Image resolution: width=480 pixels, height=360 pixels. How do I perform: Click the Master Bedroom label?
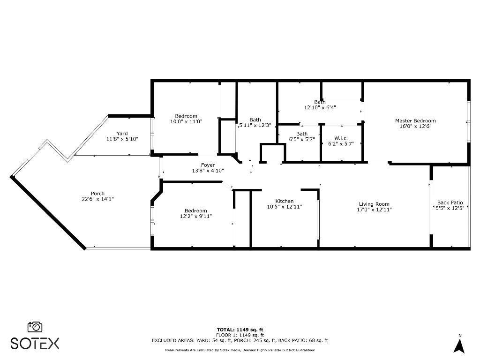415,120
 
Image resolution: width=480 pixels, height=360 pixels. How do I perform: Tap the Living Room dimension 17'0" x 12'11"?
374,210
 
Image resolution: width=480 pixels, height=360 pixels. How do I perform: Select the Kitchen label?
284,201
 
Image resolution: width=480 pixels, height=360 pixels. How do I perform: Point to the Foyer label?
208,165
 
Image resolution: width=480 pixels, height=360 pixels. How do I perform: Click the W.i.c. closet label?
340,138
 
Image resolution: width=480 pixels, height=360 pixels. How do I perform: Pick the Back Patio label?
450,202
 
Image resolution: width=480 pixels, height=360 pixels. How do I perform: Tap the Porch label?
97,194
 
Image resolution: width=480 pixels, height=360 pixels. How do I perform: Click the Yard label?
122,134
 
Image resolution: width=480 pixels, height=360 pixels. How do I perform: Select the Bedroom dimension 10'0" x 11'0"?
186,121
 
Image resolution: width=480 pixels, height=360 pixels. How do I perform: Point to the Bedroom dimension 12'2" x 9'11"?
195,216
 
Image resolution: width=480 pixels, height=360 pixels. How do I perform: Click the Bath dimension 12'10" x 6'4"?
320,107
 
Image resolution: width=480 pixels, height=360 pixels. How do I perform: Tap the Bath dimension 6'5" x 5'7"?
302,139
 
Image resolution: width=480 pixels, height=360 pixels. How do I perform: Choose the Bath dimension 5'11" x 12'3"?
255,125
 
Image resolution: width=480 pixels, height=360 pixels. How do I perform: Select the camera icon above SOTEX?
35,327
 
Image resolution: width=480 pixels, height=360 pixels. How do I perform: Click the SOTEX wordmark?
35,344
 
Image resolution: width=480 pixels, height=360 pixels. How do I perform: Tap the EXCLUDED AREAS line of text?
240,340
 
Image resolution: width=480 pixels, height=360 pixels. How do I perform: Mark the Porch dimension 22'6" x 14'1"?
97,199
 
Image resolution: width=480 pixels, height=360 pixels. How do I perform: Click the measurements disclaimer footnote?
240,350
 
